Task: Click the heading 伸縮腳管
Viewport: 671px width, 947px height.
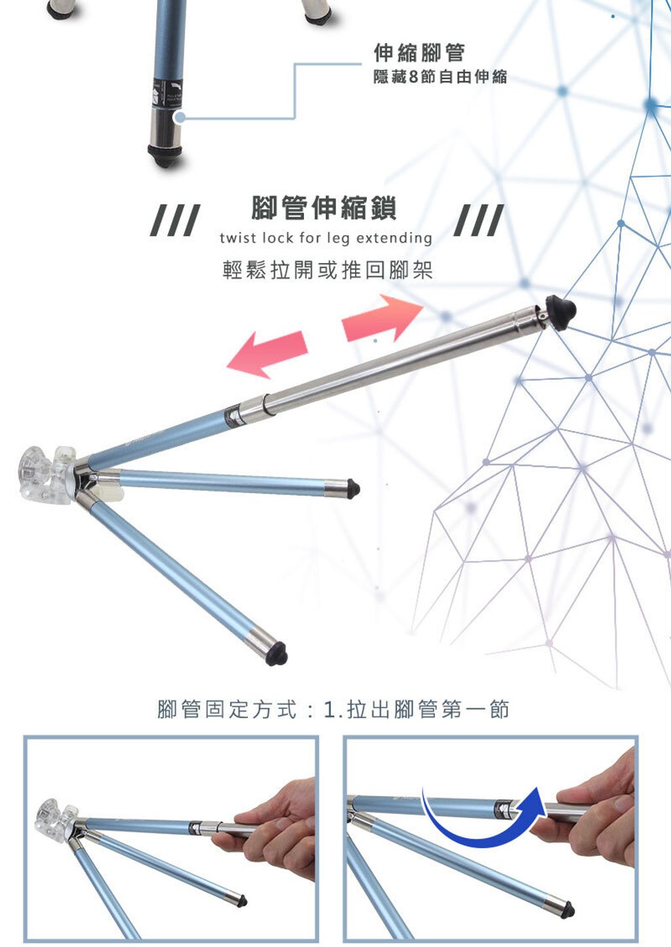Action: (x=419, y=52)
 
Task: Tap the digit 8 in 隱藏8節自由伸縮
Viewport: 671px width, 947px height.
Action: (x=413, y=77)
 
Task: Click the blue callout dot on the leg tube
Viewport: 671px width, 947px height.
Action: (x=180, y=117)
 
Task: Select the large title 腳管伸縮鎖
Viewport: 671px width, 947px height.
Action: (x=324, y=208)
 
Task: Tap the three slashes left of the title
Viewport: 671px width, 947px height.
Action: (x=175, y=220)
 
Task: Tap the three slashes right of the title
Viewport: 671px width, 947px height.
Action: (x=479, y=220)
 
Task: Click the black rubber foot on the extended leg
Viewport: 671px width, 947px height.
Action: (x=560, y=313)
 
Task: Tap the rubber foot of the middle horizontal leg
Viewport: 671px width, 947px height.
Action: (x=353, y=489)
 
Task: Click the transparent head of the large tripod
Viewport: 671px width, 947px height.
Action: (x=47, y=470)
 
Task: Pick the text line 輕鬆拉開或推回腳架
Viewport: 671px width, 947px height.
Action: (x=328, y=271)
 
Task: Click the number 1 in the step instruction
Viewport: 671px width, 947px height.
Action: (x=330, y=710)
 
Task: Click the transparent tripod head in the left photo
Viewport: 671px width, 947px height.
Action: (x=55, y=816)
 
